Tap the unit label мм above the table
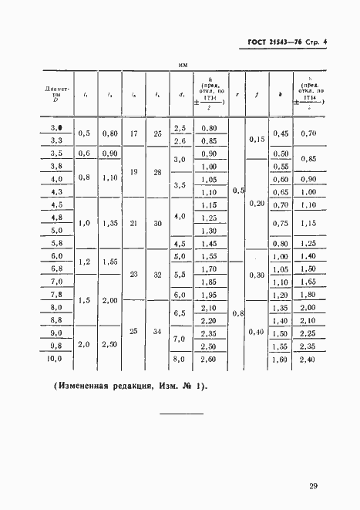click(183, 66)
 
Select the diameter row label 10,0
click(56, 359)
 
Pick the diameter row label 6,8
click(56, 269)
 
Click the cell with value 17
click(133, 133)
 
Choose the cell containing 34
click(158, 333)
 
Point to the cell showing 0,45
click(281, 133)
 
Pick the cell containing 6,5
click(180, 313)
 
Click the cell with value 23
click(133, 275)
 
